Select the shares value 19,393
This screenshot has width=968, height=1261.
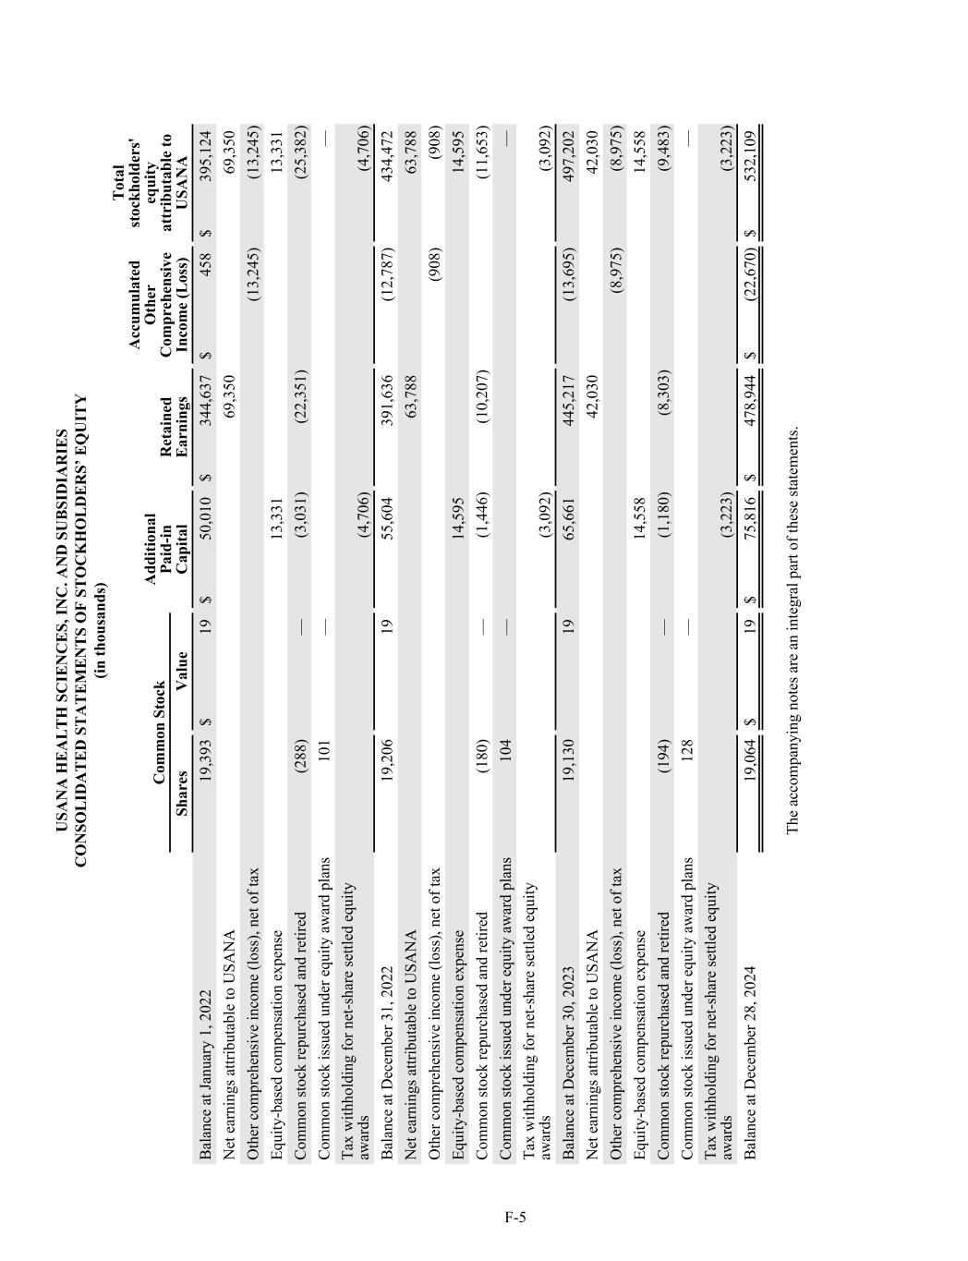coord(205,753)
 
